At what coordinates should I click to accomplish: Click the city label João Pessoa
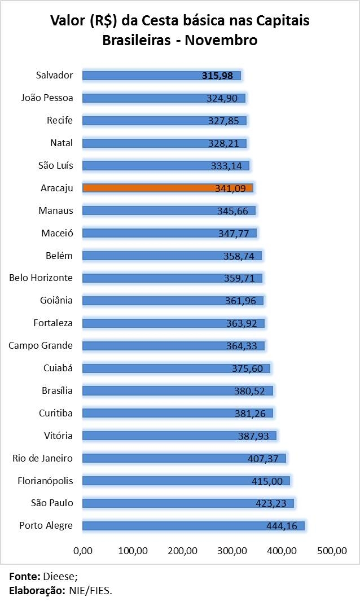point(47,98)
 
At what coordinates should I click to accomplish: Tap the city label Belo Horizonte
point(41,278)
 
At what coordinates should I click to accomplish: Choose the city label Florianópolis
point(45,481)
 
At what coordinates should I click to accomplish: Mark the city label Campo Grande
point(41,345)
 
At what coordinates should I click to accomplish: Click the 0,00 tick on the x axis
point(83,551)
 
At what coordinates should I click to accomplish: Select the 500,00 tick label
point(332,551)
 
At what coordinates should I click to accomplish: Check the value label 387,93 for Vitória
point(256,436)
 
